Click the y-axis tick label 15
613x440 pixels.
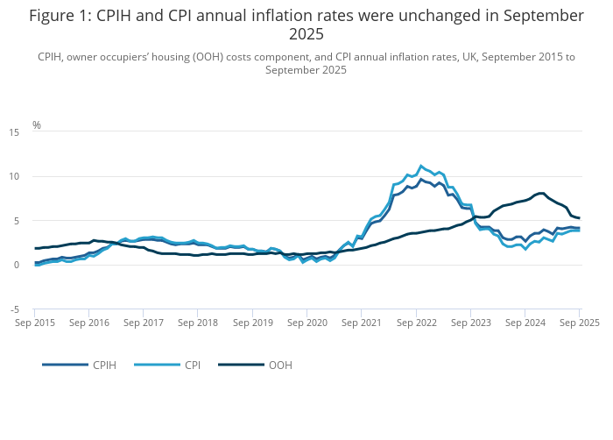click(x=14, y=132)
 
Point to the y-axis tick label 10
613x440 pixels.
click(x=14, y=176)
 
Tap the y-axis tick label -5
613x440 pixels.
click(x=14, y=309)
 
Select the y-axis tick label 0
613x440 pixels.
click(x=17, y=265)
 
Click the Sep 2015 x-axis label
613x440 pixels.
click(x=35, y=323)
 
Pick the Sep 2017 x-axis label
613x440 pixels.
click(x=144, y=323)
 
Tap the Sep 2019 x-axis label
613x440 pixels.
click(x=252, y=323)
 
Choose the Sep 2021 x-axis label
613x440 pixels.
click(x=361, y=323)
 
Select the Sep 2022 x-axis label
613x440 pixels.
click(x=415, y=323)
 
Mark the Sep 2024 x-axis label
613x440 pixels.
click(x=525, y=323)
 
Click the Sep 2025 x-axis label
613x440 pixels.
click(x=579, y=323)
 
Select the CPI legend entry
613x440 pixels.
click(x=190, y=365)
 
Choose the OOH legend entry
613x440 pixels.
click(x=280, y=365)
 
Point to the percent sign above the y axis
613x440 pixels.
click(x=37, y=125)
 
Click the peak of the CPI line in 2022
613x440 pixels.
click(x=421, y=166)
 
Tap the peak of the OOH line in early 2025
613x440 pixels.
click(x=543, y=193)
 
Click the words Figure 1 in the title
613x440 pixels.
click(x=58, y=16)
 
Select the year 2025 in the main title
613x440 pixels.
click(x=306, y=34)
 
